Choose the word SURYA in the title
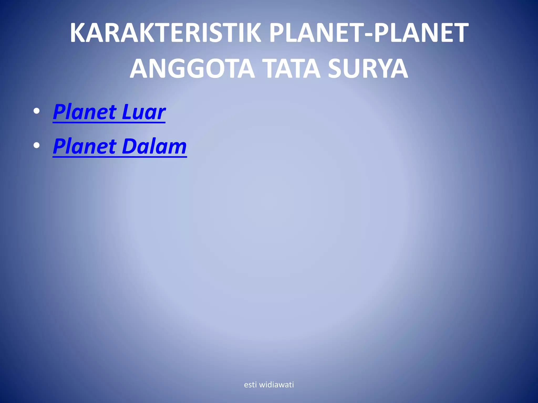click(368, 69)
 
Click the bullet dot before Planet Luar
click(37, 111)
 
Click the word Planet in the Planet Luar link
click(85, 112)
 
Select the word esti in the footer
click(250, 385)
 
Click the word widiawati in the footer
click(276, 385)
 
